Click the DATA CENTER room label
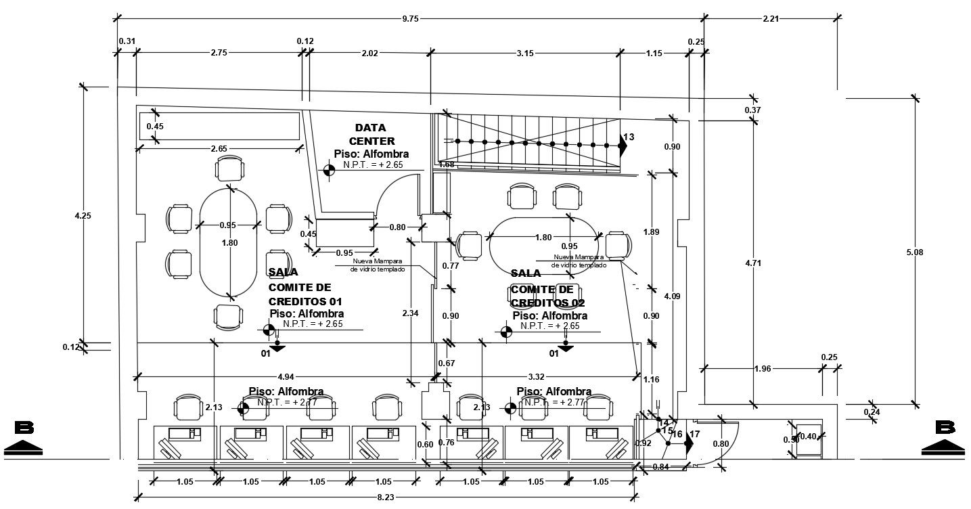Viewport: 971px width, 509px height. click(370, 134)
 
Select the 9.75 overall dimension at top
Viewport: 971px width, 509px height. click(410, 19)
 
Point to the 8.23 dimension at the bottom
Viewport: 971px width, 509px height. click(386, 497)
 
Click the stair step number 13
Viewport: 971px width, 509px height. click(629, 137)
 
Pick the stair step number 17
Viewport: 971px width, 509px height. click(694, 434)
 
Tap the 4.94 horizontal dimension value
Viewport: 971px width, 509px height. click(286, 376)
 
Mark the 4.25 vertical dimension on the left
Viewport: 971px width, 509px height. click(83, 216)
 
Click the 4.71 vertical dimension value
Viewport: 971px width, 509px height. click(752, 263)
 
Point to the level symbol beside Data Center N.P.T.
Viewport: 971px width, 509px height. click(330, 170)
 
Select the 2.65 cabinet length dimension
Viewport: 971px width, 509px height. click(219, 148)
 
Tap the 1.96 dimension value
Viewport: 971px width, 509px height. click(762, 369)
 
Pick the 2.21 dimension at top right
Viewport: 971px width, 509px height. click(771, 19)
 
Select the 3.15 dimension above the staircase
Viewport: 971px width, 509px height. click(525, 53)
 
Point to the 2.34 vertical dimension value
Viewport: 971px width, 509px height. click(410, 313)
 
